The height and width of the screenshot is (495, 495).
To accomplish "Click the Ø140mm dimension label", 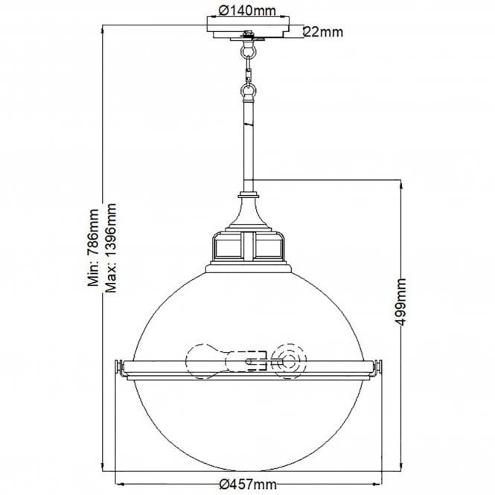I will coord(248,10).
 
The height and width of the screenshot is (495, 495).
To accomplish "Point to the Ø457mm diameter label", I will coord(248,485).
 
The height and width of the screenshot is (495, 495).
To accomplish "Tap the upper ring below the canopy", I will coord(248,53).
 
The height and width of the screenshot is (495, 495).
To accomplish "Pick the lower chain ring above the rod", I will coord(248,93).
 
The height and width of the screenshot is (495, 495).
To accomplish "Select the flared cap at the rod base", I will coord(248,208).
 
